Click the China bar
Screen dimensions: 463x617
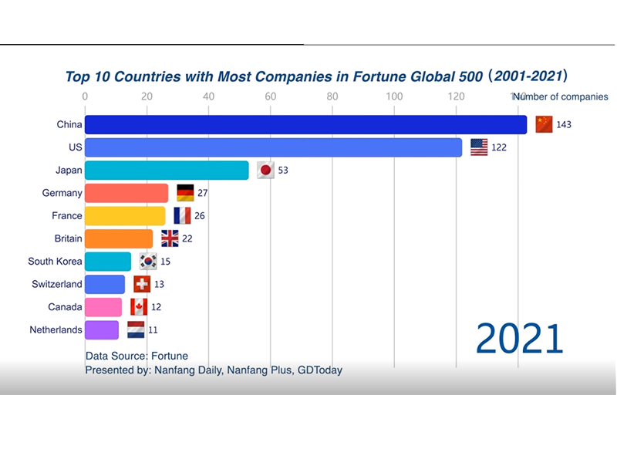coord(305,124)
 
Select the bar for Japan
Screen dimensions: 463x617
coord(167,170)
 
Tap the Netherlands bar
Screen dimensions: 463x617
coord(102,330)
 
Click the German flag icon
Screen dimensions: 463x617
coord(185,193)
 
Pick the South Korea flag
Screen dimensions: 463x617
coord(148,262)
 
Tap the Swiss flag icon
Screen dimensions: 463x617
coord(142,284)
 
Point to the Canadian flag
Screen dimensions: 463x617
coord(139,307)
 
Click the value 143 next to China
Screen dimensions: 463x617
coord(563,125)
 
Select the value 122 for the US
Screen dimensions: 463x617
coord(498,147)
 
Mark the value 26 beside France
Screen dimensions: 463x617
coord(200,216)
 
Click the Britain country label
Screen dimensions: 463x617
coord(68,238)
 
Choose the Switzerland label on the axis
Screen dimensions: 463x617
coord(56,284)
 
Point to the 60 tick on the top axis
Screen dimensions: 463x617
coord(270,96)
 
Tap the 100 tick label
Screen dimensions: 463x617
coord(394,96)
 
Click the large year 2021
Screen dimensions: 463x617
coord(519,339)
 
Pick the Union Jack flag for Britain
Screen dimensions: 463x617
coord(170,238)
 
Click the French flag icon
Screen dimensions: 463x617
coord(182,216)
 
